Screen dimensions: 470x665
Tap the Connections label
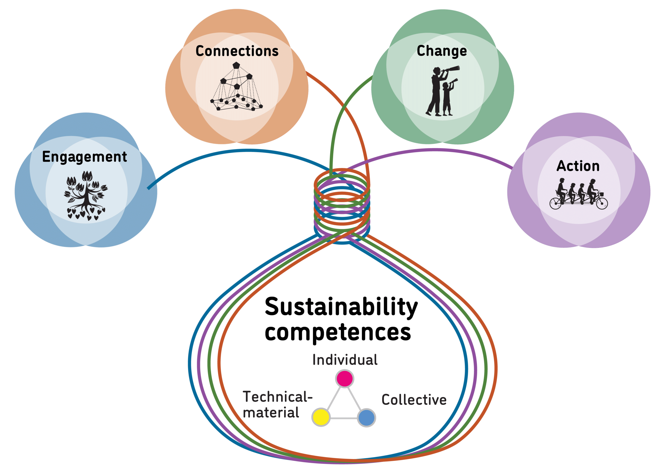[x=237, y=51]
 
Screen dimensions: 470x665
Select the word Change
[x=442, y=51]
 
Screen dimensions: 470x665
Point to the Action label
[x=578, y=166]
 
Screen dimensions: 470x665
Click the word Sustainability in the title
[x=341, y=307]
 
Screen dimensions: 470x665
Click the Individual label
[x=345, y=360]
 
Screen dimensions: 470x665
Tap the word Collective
[x=414, y=400]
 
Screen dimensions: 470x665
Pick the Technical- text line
[x=277, y=397]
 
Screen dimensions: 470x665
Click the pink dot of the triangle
[x=344, y=378]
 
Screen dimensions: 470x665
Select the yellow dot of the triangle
[x=321, y=417]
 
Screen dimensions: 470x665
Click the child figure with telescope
[x=448, y=98]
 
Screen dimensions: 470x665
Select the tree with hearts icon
[x=86, y=195]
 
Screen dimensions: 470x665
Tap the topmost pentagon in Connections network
[x=236, y=65]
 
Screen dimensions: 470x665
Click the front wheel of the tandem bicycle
[x=602, y=203]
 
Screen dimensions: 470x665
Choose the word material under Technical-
[x=271, y=412]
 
